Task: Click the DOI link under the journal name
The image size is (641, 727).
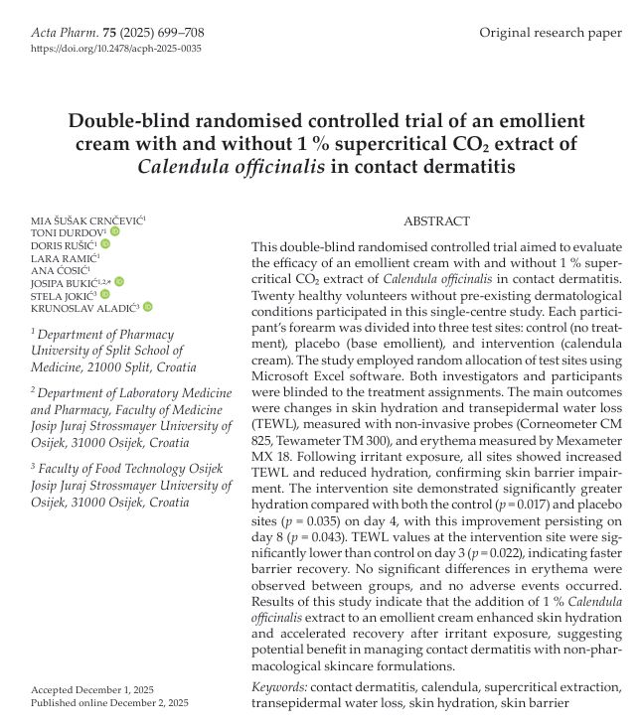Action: pos(116,48)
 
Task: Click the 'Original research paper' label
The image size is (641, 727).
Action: pos(551,33)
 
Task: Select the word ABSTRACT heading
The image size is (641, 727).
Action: pos(437,220)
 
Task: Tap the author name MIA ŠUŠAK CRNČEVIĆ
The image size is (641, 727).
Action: pos(86,219)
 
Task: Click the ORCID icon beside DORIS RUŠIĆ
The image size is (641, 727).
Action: pos(105,244)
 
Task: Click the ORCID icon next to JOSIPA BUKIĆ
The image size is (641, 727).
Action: pos(119,282)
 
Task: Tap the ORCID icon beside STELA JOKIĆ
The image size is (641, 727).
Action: pos(103,295)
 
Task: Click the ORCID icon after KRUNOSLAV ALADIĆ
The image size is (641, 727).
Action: pos(148,307)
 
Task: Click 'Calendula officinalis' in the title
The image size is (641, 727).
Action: pos(232,166)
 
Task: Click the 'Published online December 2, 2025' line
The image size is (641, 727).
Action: pos(109,702)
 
